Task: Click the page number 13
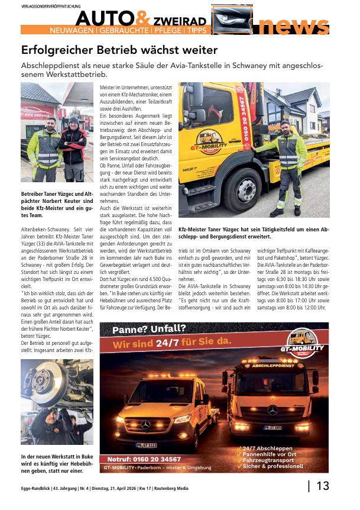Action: tap(323, 486)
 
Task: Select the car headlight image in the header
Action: tap(232, 20)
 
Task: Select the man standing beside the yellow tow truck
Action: tap(286, 166)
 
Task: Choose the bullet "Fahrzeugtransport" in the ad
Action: tap(270, 460)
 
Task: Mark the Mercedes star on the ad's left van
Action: tap(145, 424)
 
